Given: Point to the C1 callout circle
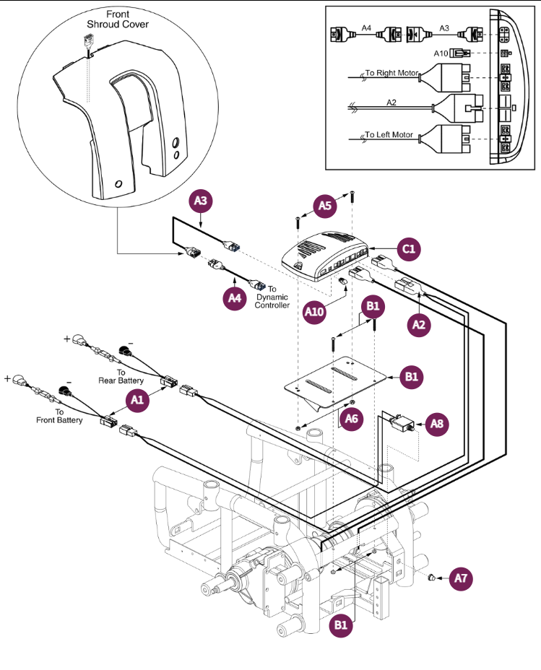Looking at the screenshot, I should point(408,249).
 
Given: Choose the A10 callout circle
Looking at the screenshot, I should point(314,313).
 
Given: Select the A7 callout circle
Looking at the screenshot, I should point(463,578).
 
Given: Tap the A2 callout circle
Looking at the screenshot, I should point(417,326).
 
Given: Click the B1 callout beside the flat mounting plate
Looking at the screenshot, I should point(410,377).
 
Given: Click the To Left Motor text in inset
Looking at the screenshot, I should point(389,135).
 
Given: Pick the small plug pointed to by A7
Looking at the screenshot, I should point(431,577).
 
